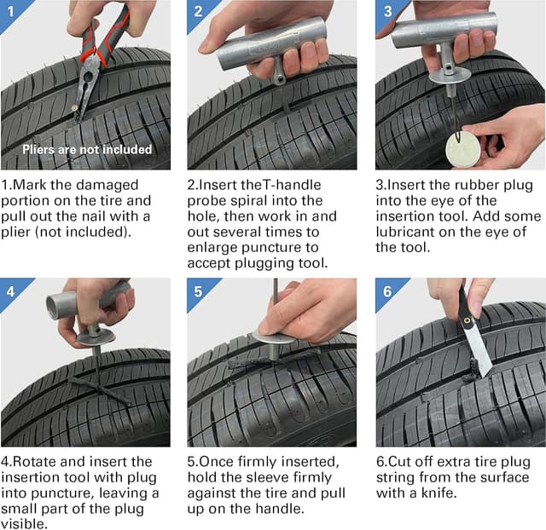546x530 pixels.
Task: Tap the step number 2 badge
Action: point(197,9)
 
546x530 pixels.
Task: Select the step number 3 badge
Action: point(386,9)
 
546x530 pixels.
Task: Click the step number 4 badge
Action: point(10,288)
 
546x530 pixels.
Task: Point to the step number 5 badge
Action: point(197,288)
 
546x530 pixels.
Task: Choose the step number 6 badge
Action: point(386,288)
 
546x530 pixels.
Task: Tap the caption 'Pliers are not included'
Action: point(87,150)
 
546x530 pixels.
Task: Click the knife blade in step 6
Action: point(479,354)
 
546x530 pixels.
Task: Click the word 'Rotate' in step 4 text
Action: point(33,462)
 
